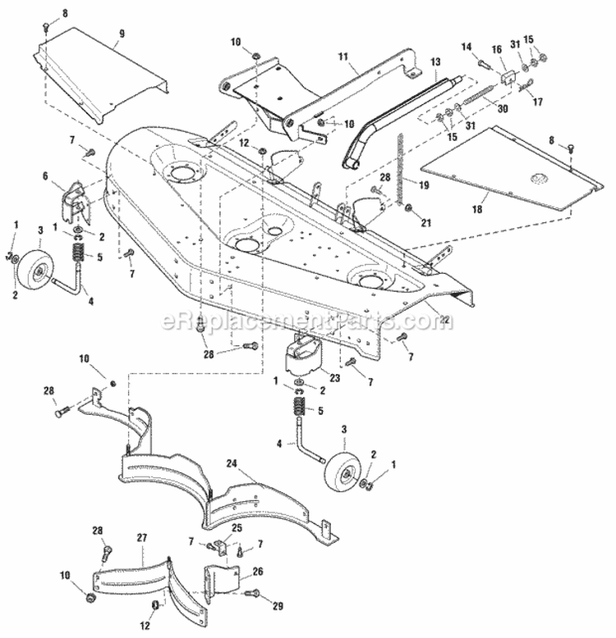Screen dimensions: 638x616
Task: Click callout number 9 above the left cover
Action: (x=122, y=34)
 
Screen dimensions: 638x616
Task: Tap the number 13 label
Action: (x=435, y=62)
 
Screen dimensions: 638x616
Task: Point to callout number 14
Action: (x=467, y=46)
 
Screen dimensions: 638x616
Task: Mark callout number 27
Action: (x=141, y=536)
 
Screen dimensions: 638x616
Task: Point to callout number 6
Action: (x=57, y=175)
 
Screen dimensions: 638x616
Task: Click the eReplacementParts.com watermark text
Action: (x=307, y=321)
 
